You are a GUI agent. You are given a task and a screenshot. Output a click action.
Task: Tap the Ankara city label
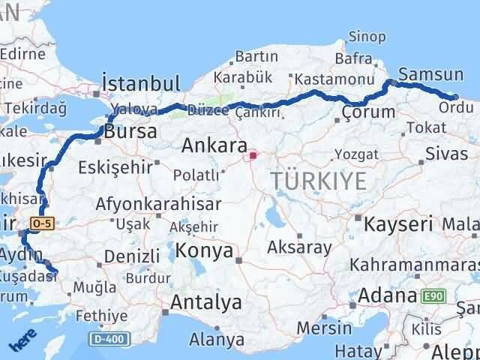click(214, 145)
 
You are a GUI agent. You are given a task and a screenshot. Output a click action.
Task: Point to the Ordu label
click(456, 107)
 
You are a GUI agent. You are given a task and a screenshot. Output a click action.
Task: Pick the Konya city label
click(205, 251)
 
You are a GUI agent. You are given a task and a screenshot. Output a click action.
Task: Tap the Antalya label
click(206, 302)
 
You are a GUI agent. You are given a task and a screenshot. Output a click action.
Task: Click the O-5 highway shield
click(40, 223)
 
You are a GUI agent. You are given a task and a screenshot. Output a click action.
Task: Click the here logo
click(22, 342)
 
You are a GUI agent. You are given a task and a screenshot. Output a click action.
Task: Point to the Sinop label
click(367, 36)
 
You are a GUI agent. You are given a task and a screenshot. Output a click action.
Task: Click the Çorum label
click(367, 112)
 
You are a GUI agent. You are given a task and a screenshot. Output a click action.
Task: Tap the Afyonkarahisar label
click(158, 204)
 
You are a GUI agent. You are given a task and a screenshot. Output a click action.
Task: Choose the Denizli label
click(133, 256)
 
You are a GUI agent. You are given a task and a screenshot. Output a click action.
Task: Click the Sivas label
click(440, 153)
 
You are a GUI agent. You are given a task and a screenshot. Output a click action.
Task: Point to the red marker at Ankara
click(253, 156)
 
